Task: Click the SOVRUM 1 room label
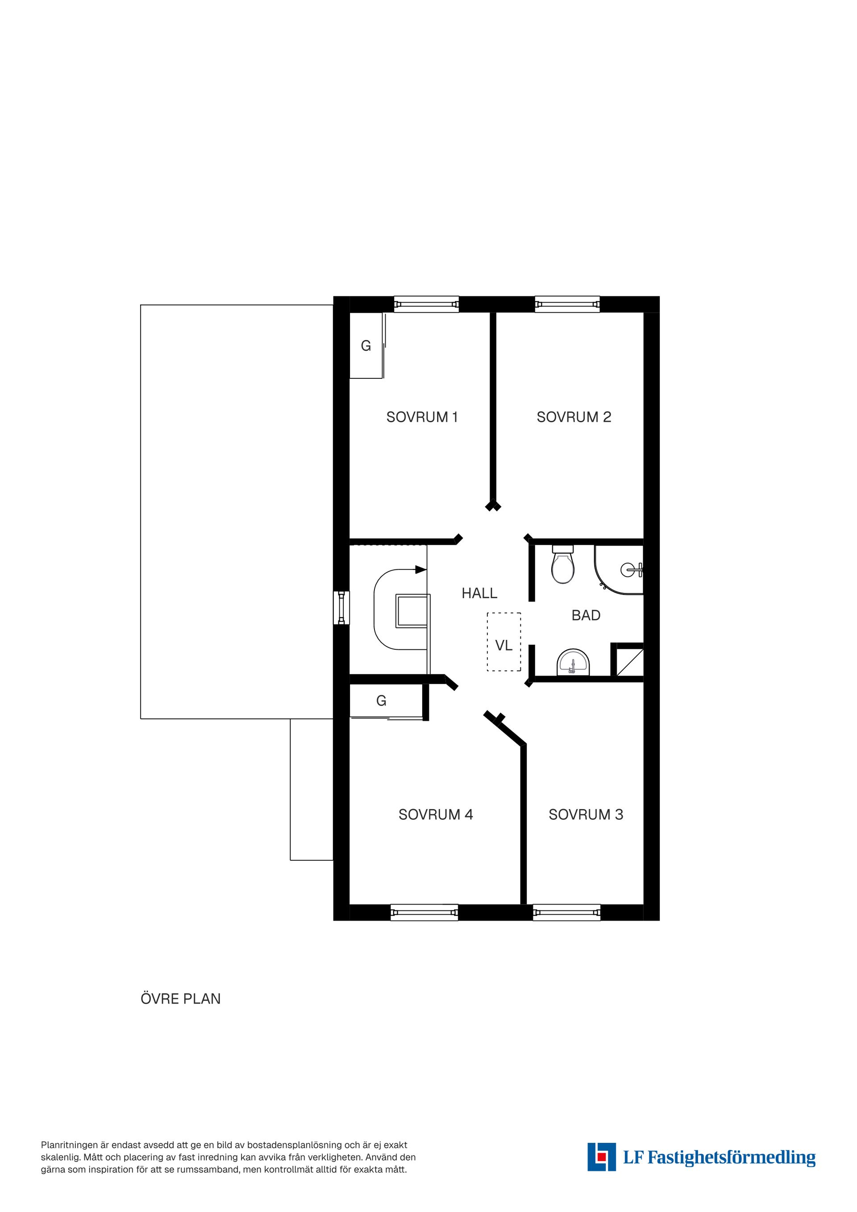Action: point(422,417)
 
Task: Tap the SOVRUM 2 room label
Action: point(574,417)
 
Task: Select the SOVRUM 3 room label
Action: point(586,814)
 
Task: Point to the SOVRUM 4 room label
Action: point(436,814)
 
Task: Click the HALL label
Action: point(479,594)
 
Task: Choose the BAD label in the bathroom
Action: point(586,615)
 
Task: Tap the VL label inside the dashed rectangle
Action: point(504,645)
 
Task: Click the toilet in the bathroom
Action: point(562,564)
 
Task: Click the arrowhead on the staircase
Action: point(421,569)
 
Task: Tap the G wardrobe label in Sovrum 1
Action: point(366,346)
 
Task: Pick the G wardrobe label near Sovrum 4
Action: point(381,701)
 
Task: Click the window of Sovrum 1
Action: point(426,304)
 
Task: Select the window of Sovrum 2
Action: point(567,304)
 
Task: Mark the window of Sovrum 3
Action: point(566,912)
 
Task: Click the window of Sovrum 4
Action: point(424,912)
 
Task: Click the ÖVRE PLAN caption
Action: point(181,999)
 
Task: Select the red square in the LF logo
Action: point(600,1156)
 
